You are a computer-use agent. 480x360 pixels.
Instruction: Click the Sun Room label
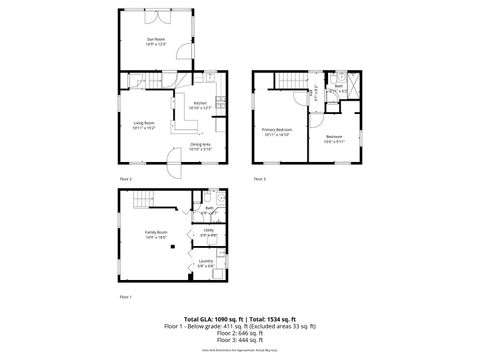point(156,41)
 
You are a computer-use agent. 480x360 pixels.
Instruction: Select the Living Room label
point(144,125)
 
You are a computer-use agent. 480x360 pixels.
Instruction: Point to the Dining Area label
point(200,147)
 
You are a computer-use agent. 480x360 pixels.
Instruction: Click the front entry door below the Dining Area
point(173,169)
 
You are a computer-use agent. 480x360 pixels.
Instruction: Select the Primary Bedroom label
point(276,132)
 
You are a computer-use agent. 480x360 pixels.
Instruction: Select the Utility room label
point(209,232)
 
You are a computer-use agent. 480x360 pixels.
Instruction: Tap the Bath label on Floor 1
point(210,209)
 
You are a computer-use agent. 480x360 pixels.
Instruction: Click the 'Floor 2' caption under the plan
point(126,179)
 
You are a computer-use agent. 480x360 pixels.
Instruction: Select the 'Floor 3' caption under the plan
point(259,179)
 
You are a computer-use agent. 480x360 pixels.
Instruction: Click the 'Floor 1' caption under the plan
point(126,298)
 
